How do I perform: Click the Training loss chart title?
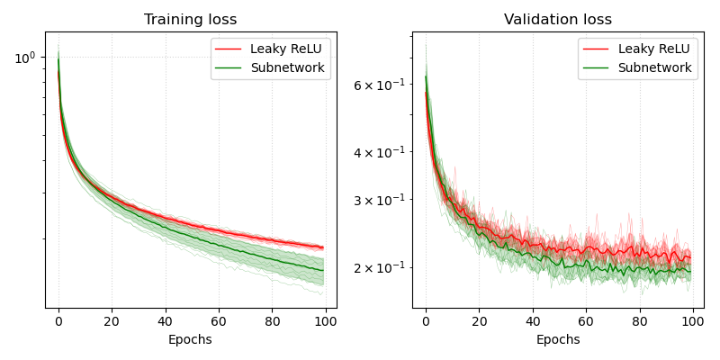(x=191, y=20)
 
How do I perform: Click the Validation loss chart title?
(x=558, y=20)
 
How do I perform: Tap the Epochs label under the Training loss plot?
(x=191, y=339)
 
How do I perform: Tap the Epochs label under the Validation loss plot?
(x=558, y=339)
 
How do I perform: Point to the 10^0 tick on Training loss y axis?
(x=25, y=58)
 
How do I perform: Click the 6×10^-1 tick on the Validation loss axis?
(x=381, y=85)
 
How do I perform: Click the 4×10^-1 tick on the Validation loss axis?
(x=381, y=152)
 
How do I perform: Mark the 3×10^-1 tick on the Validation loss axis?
(x=381, y=200)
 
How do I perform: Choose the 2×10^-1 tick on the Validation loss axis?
(x=381, y=267)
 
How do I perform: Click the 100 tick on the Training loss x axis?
(x=325, y=320)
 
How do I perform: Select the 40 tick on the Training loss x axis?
(x=165, y=320)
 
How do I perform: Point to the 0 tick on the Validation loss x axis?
(x=426, y=320)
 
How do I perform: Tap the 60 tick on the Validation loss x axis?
(x=586, y=320)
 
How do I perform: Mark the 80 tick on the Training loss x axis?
(x=272, y=320)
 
